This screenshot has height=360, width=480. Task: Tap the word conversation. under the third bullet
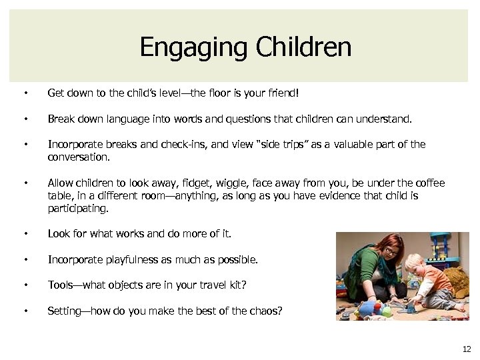pos(78,157)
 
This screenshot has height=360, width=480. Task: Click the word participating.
pos(77,209)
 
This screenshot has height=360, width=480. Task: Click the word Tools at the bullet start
pos(59,285)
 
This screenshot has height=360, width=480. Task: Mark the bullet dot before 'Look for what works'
pos(25,234)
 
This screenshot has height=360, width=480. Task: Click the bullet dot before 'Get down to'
pos(25,94)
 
